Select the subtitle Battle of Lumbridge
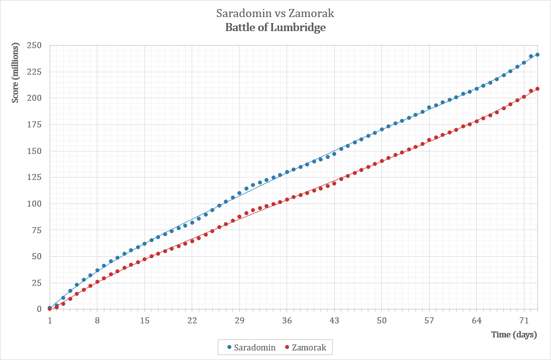coord(275,28)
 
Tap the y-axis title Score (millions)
coord(16,73)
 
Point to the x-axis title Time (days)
coord(514,334)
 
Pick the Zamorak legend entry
coord(306,347)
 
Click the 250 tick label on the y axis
coord(35,45)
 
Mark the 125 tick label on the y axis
coord(35,177)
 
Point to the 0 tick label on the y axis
coord(39,309)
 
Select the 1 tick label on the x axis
coord(50,320)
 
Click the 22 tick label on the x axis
coord(192,320)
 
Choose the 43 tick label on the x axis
coord(334,320)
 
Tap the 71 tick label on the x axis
coord(524,320)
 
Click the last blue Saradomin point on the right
coord(537,55)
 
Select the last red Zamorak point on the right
coord(537,89)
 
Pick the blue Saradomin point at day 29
coord(239,193)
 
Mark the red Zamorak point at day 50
coord(382,161)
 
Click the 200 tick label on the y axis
coord(35,98)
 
